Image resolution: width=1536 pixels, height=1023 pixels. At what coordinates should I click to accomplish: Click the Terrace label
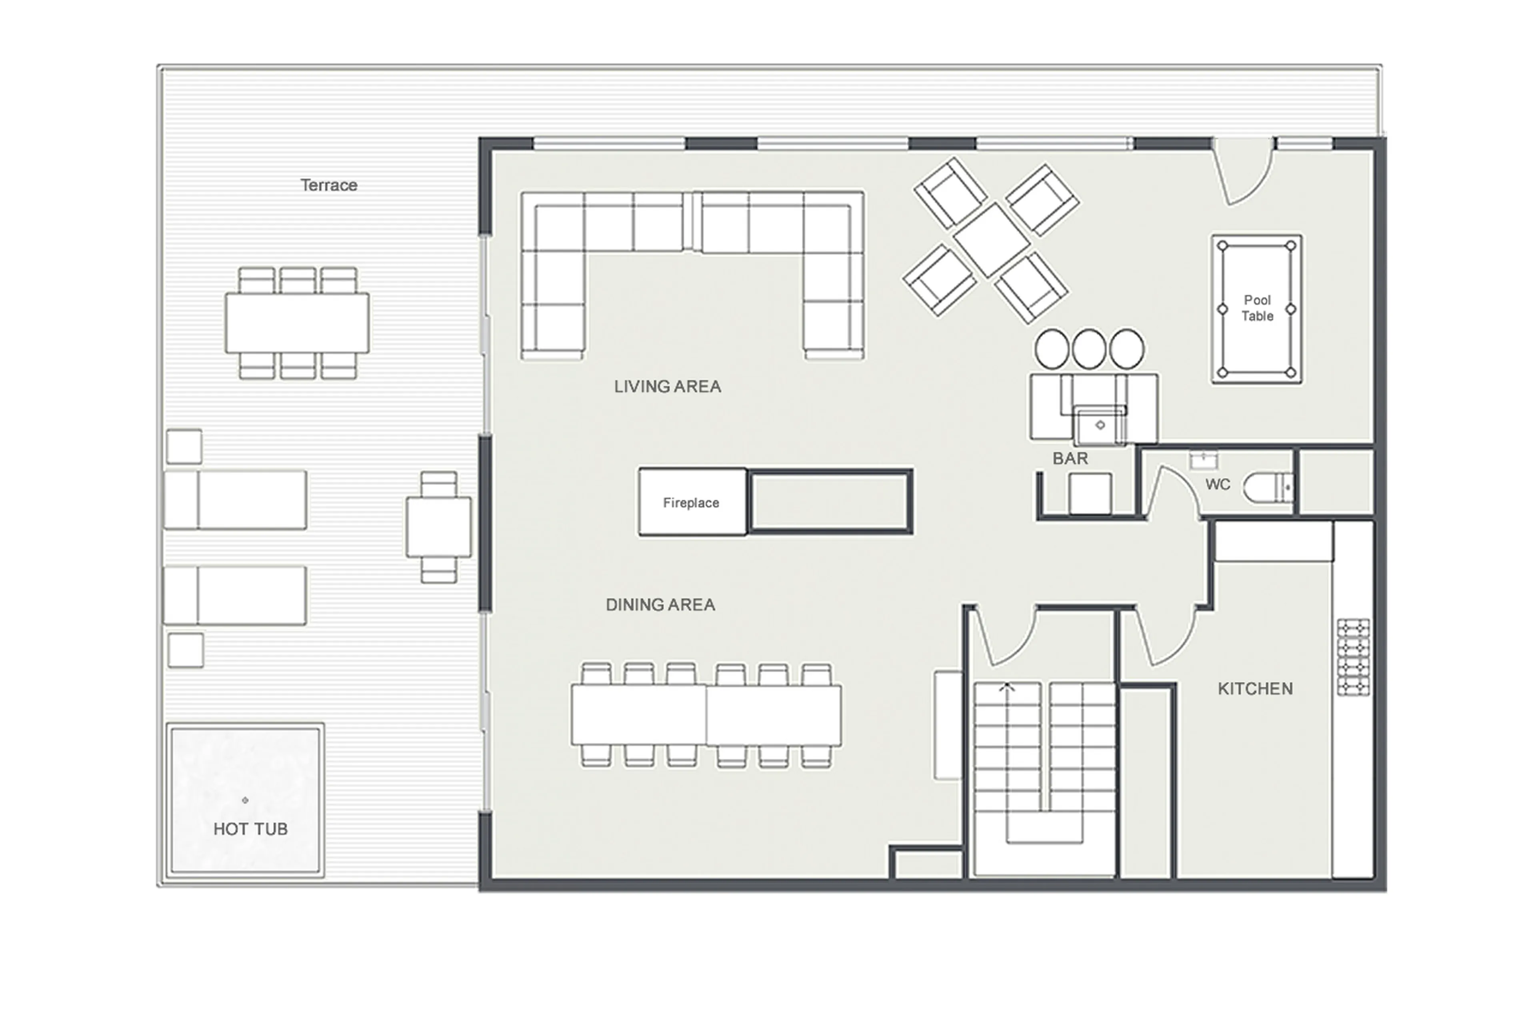pyautogui.click(x=328, y=185)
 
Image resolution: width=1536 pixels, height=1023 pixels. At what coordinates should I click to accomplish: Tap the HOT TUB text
pyautogui.click(x=250, y=829)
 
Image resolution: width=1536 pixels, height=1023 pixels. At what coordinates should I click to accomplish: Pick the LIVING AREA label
pyautogui.click(x=667, y=387)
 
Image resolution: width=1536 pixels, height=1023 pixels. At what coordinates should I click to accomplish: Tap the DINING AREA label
pyautogui.click(x=660, y=605)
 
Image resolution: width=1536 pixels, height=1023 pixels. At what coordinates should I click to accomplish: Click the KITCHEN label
pyautogui.click(x=1255, y=689)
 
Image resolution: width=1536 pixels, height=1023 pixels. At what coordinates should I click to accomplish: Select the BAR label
pyautogui.click(x=1070, y=459)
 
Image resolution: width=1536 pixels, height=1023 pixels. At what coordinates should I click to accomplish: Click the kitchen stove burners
pyautogui.click(x=1353, y=657)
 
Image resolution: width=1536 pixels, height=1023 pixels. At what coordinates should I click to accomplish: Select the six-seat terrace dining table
pyautogui.click(x=297, y=323)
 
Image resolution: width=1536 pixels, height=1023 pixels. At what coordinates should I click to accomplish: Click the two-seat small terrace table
pyautogui.click(x=438, y=527)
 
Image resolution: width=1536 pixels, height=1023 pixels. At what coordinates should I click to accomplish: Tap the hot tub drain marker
pyautogui.click(x=245, y=800)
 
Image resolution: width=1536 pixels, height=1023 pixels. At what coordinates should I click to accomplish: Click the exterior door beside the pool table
pyautogui.click(x=1243, y=170)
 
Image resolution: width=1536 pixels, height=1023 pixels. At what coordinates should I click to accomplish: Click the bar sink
pyautogui.click(x=1100, y=425)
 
